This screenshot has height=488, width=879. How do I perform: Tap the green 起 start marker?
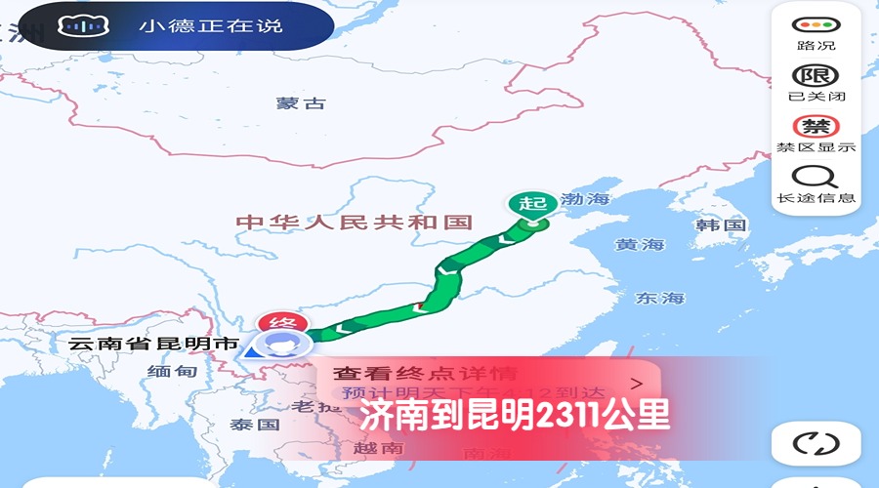(531, 203)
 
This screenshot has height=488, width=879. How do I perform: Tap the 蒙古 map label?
(300, 103)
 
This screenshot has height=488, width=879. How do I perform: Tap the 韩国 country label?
(721, 225)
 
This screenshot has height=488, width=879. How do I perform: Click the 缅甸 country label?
(172, 372)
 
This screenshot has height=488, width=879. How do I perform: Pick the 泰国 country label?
(255, 425)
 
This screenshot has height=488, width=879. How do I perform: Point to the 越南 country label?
(379, 448)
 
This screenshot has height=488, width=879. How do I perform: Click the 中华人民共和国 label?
(355, 223)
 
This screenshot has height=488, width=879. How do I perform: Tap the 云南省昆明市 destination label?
(154, 345)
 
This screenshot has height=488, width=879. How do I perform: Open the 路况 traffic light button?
(815, 25)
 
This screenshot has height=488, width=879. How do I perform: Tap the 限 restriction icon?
(815, 76)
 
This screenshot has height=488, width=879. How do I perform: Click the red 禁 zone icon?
(815, 127)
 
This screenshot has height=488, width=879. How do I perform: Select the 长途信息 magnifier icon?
(815, 178)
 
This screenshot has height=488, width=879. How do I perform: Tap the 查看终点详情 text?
(425, 373)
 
